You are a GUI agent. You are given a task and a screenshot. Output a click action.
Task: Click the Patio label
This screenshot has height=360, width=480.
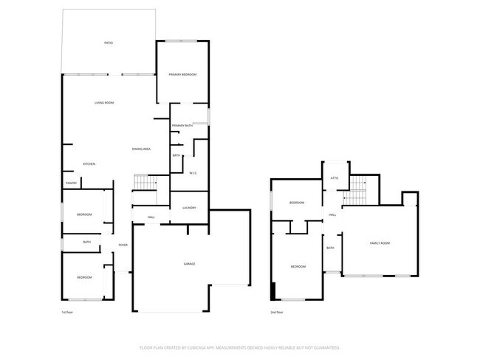(x=108, y=44)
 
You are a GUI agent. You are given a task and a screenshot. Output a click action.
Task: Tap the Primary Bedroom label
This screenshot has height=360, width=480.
(x=182, y=75)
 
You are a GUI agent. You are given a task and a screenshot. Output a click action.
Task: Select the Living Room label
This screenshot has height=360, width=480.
(x=103, y=103)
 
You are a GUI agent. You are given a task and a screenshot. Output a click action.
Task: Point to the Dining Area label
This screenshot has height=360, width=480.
(x=142, y=149)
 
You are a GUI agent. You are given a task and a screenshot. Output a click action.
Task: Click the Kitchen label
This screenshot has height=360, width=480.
(x=89, y=163)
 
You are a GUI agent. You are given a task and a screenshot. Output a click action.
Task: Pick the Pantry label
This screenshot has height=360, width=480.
(x=72, y=183)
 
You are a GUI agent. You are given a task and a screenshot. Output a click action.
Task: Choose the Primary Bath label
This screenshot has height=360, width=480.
(x=182, y=126)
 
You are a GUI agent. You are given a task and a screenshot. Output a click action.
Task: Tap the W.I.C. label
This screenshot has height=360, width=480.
(x=192, y=173)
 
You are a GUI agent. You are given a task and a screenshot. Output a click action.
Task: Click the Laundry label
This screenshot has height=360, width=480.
(x=189, y=208)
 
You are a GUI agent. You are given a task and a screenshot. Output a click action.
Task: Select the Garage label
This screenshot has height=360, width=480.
(x=190, y=264)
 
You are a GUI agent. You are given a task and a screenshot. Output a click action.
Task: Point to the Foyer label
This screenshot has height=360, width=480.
(x=123, y=245)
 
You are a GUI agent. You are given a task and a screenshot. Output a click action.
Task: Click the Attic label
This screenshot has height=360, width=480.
(x=334, y=178)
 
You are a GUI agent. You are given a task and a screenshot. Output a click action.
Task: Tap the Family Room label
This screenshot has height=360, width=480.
(x=380, y=243)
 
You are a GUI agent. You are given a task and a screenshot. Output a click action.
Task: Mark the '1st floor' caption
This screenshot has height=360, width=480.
(x=66, y=312)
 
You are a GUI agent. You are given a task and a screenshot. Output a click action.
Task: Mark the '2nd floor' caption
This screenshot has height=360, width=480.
(x=278, y=312)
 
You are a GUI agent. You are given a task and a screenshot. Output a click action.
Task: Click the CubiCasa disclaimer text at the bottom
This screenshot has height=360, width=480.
(x=239, y=347)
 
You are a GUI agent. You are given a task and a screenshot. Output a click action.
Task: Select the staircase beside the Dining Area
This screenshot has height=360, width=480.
(x=145, y=183)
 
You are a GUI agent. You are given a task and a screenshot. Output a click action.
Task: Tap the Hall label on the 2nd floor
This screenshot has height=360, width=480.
(x=333, y=215)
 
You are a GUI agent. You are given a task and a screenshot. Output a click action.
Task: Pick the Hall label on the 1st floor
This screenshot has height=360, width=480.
(x=151, y=217)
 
